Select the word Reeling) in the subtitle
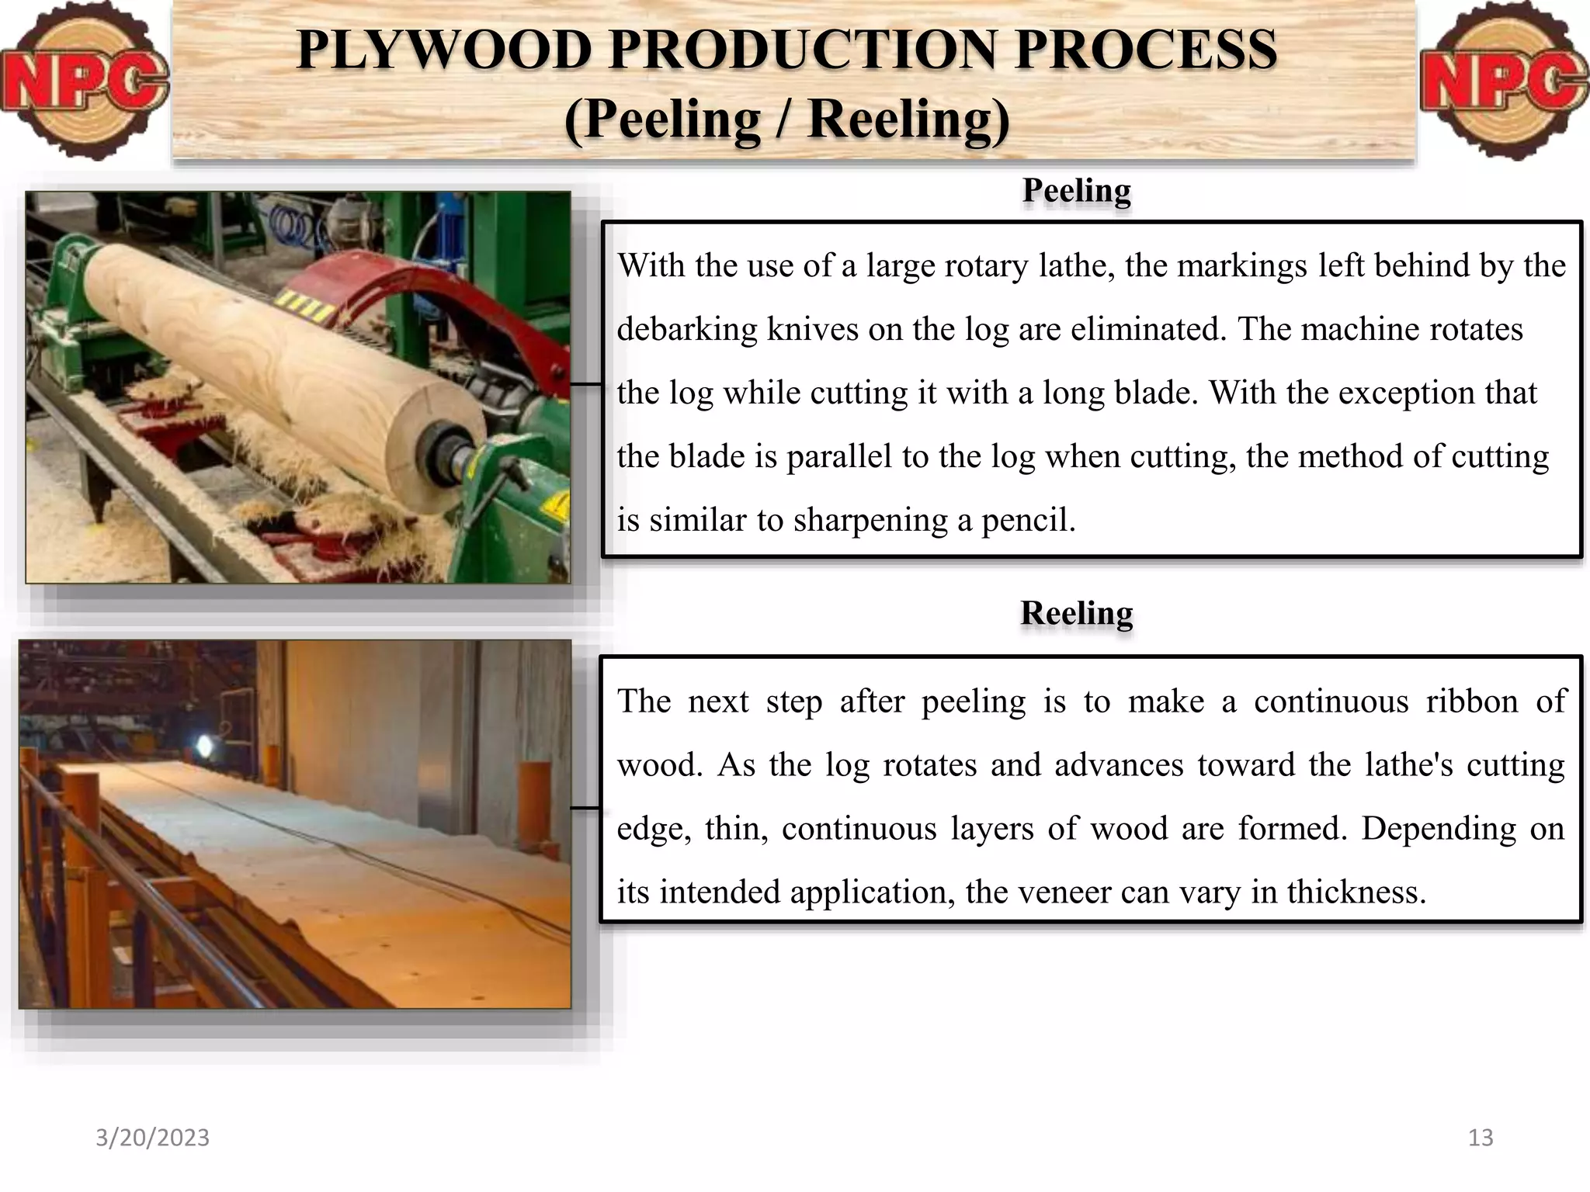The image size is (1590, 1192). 908,120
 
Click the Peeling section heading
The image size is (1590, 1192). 1076,190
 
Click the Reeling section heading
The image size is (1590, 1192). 1076,613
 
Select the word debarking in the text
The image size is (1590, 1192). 687,330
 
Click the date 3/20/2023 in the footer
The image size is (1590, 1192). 152,1138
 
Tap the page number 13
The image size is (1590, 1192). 1481,1138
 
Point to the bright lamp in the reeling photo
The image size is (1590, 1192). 203,747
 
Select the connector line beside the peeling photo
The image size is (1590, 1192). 586,384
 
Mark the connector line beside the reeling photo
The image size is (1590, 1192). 585,809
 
